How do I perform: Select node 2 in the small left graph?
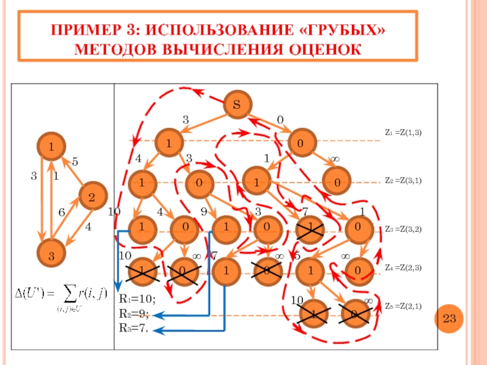tap(91, 197)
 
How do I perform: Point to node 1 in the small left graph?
tap(52, 147)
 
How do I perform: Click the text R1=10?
tap(137, 299)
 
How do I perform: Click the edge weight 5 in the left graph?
tap(75, 162)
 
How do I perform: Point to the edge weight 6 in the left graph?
tap(61, 213)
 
